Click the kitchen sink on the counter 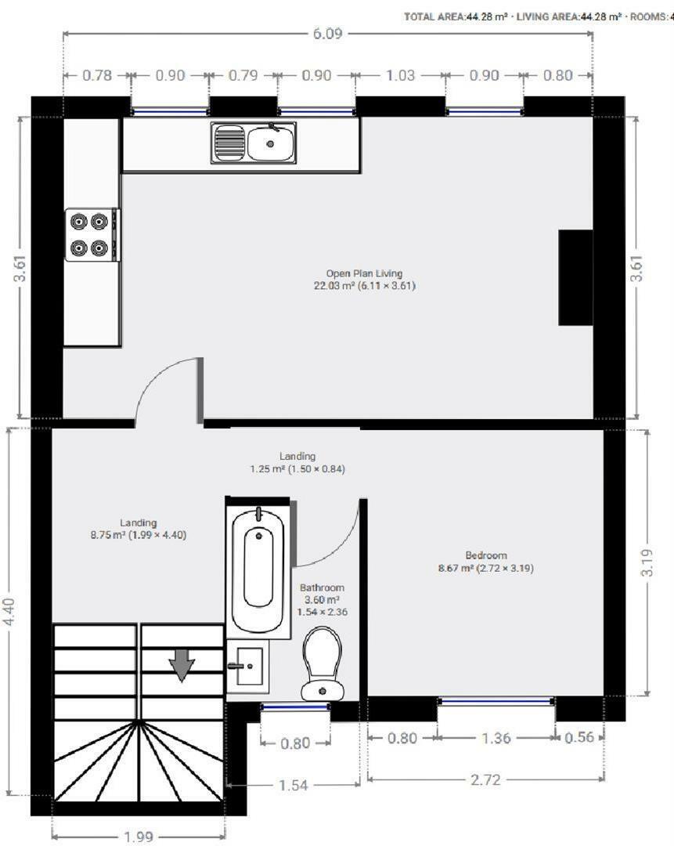[x=253, y=143]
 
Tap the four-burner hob [x=90, y=234]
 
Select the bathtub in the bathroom [x=258, y=567]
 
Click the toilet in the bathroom [x=323, y=665]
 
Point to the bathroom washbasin [x=247, y=667]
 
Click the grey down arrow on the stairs [x=182, y=665]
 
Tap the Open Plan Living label [x=364, y=280]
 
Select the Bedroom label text [x=485, y=562]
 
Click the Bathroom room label [x=322, y=599]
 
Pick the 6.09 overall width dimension [x=327, y=34]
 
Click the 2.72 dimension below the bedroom [x=485, y=779]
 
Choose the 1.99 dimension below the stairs [x=139, y=837]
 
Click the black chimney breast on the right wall [x=575, y=277]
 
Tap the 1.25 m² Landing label [x=297, y=462]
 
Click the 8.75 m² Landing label [x=139, y=529]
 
